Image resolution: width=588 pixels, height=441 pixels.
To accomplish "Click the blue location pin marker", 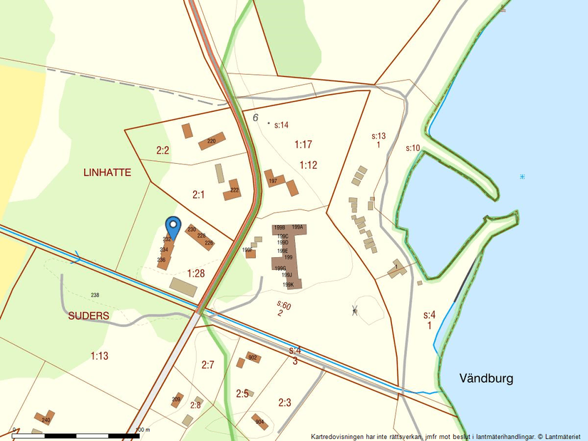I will (x=172, y=225).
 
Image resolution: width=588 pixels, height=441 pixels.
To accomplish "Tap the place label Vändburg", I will (x=486, y=378).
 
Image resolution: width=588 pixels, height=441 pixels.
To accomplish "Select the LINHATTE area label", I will (x=107, y=172).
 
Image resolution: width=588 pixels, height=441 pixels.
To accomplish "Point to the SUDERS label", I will (x=88, y=316).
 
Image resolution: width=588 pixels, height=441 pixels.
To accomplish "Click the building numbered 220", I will (x=212, y=141).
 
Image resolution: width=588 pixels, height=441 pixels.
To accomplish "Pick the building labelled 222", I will (x=233, y=191).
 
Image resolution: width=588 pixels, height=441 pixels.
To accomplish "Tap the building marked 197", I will (x=274, y=180).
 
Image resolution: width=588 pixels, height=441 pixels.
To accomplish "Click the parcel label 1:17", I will (x=304, y=145).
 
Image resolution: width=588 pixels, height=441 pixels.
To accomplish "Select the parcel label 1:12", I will (x=308, y=165).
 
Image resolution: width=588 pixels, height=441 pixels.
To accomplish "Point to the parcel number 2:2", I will (x=163, y=150).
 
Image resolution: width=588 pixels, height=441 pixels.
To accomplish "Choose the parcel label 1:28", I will (x=196, y=273).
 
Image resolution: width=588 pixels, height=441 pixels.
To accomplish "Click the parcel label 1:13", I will (x=100, y=356).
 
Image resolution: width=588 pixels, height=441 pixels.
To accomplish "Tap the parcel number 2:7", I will (x=207, y=365).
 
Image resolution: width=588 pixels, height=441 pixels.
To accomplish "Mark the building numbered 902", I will (x=252, y=358).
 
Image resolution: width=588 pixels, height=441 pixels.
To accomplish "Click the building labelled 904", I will (x=259, y=421).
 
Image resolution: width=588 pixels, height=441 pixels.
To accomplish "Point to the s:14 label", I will (x=281, y=125).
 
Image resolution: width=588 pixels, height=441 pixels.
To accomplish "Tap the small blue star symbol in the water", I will (x=522, y=176).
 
